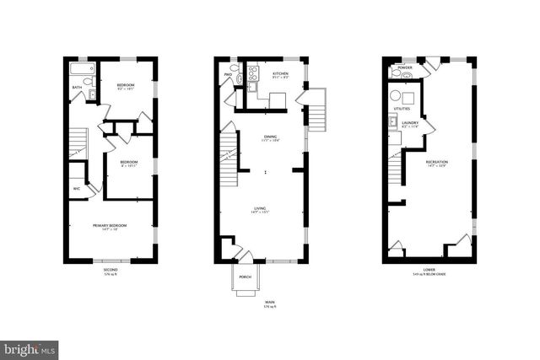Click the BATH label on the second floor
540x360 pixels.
tap(77, 87)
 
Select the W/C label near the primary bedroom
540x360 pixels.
tap(77, 188)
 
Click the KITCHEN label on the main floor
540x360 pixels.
tap(280, 74)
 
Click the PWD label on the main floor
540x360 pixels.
tap(228, 74)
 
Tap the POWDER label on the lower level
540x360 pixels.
tap(404, 67)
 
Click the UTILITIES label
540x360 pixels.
tap(402, 109)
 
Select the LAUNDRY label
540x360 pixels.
tap(411, 123)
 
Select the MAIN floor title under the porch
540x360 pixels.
tap(270, 302)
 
